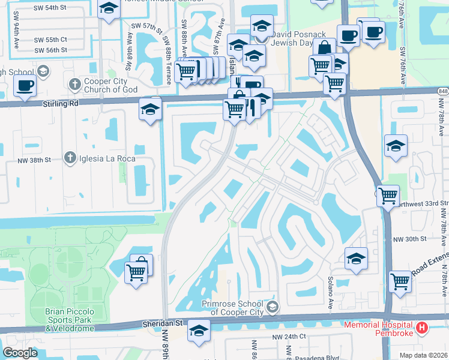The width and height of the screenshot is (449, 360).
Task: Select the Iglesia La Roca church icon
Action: click(70, 158)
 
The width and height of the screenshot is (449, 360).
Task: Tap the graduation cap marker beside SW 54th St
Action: click(109, 10)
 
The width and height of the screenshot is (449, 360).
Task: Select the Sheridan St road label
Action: click(162, 323)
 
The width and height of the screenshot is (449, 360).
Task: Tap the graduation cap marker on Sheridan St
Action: click(199, 331)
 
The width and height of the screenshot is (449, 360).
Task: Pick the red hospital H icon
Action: click(422, 328)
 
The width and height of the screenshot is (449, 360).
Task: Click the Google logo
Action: click(20, 353)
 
